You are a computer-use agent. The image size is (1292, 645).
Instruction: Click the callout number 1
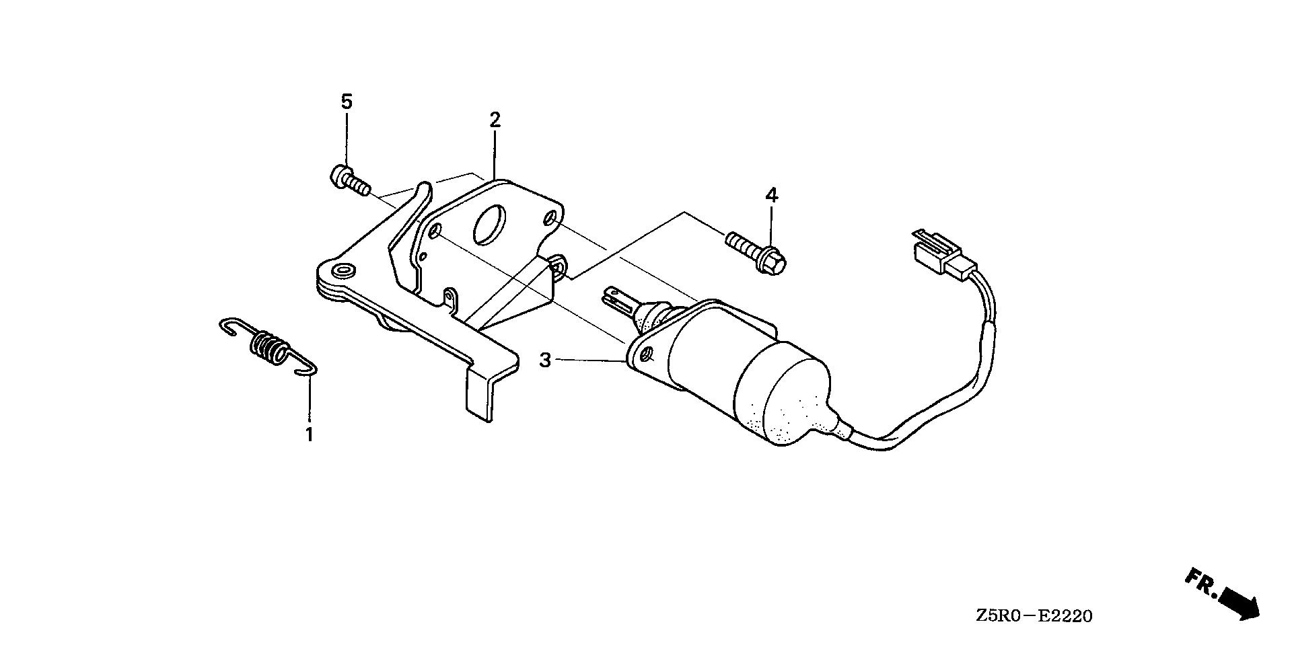(309, 434)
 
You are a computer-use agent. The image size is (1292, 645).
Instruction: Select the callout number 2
(495, 120)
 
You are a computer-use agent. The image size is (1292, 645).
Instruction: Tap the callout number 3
(545, 361)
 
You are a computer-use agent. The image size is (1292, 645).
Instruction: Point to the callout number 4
(771, 196)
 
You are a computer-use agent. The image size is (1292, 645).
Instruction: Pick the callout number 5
(346, 102)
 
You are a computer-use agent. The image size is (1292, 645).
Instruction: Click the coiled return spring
(268, 346)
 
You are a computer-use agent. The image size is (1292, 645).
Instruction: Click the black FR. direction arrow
(1239, 601)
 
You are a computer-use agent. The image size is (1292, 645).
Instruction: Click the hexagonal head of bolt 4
(775, 262)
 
